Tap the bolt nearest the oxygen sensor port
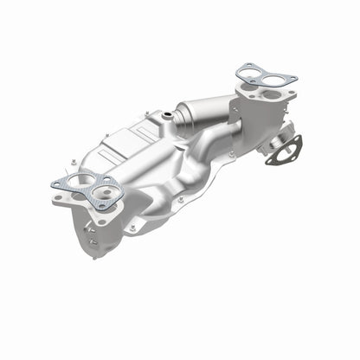[150, 119]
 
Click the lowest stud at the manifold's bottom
[93, 254]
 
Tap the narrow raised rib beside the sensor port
[177, 130]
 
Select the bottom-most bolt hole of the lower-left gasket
[102, 206]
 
